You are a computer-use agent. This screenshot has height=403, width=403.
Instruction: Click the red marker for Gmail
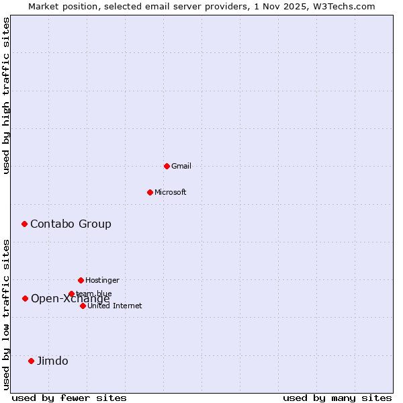pos(167,166)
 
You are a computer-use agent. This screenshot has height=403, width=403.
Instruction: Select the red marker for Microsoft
pos(150,192)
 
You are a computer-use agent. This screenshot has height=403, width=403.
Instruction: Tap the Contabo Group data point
pos(24,224)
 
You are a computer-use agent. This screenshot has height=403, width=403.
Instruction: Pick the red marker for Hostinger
pos(81,280)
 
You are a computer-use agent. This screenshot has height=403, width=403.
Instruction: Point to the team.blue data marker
pos(71,294)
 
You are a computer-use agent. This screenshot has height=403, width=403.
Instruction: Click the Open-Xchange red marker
pos(25,298)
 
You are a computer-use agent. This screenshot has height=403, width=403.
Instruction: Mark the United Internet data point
pos(83,306)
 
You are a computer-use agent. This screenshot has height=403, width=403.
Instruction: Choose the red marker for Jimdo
pos(31,361)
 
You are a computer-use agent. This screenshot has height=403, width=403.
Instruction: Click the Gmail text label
pos(181,166)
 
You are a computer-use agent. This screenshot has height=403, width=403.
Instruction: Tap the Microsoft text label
pos(171,192)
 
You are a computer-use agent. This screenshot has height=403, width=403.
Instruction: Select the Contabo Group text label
pos(71,224)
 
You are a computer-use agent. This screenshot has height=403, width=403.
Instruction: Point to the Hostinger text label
pos(102,280)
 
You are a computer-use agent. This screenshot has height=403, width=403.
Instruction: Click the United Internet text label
pos(115,306)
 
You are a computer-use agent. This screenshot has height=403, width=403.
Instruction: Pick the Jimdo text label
pos(52,361)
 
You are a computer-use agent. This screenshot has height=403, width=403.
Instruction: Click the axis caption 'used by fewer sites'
pos(69,398)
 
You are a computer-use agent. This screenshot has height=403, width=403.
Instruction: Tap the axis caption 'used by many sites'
pos(337,398)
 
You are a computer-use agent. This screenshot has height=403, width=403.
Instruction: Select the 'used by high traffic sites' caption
pos(6,95)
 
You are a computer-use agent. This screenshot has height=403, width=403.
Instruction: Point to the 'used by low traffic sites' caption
pos(6,314)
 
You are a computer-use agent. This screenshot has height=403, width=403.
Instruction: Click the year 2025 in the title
pos(293,6)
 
